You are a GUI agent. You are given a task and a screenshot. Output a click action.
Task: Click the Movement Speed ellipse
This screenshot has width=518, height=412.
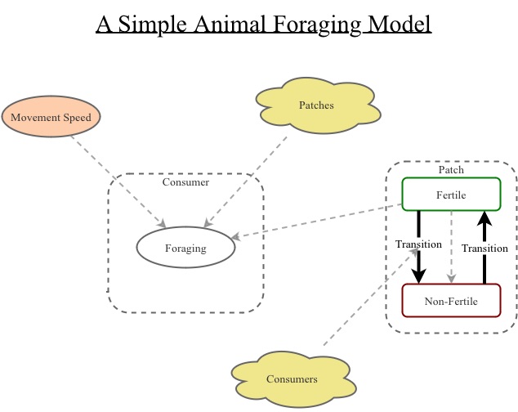pos(51,117)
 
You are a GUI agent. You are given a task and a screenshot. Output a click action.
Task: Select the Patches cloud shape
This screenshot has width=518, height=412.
pos(316,105)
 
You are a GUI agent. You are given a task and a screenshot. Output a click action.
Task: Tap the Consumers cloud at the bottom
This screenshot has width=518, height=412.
pos(292,378)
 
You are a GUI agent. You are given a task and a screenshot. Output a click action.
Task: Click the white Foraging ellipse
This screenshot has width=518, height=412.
pos(185,249)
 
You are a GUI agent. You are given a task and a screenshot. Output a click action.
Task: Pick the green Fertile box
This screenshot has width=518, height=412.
pos(451,194)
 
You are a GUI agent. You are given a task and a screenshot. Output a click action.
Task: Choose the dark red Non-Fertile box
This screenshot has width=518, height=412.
pos(451,301)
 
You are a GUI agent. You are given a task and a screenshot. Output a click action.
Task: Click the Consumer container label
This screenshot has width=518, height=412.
pos(185,182)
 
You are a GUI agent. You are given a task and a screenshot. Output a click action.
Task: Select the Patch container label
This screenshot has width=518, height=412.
pos(451,170)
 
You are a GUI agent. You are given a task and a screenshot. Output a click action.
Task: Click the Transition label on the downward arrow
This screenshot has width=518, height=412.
pos(418,244)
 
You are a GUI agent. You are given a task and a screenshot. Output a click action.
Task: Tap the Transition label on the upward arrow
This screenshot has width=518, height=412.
pos(485,249)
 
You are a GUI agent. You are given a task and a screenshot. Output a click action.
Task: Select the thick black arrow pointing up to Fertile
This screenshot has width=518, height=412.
pos(485,229)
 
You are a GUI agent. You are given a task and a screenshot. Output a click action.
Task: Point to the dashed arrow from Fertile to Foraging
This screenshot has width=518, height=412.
pos(319,221)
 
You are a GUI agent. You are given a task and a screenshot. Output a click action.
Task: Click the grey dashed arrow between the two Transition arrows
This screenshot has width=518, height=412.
pos(452,245)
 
